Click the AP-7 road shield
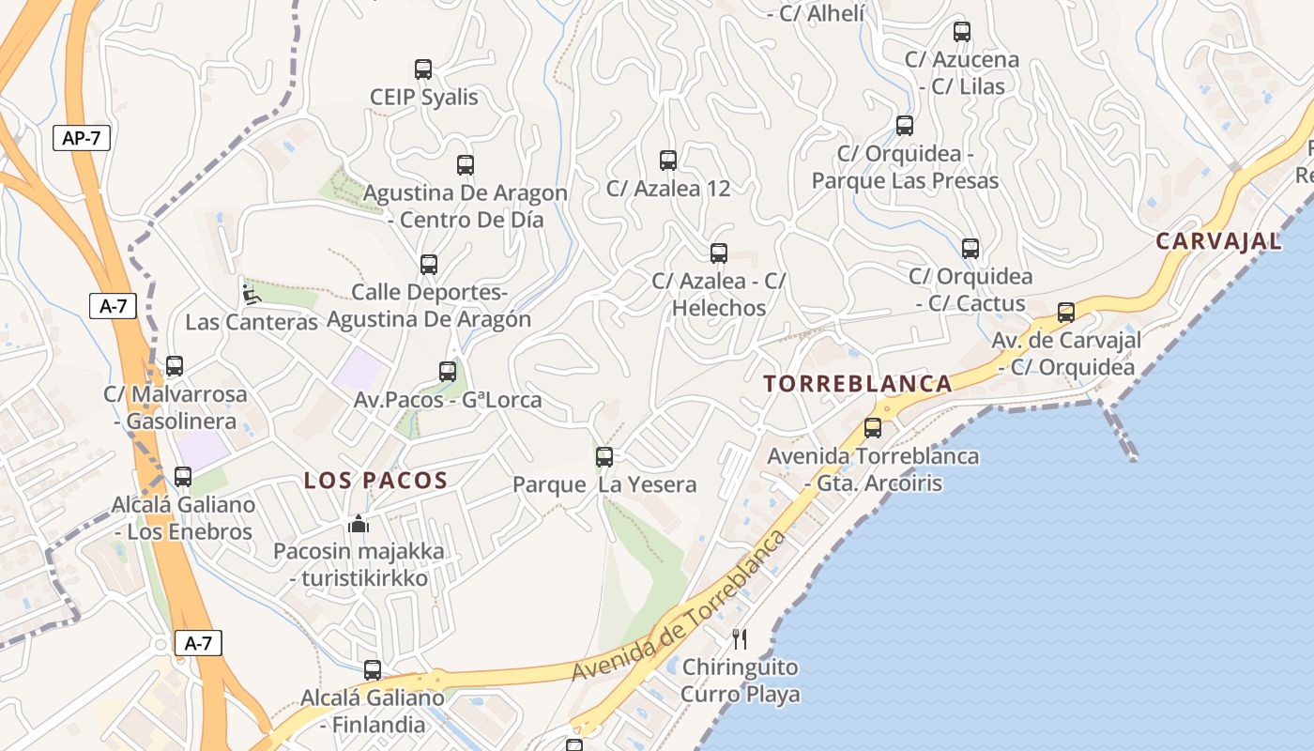pyautogui.click(x=82, y=138)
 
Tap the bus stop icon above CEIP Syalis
pyautogui.click(x=423, y=69)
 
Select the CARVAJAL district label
pyautogui.click(x=1218, y=241)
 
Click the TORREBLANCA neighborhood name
pyautogui.click(x=858, y=383)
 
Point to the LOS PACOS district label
pyautogui.click(x=375, y=481)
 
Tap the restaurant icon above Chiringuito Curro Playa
pyautogui.click(x=740, y=639)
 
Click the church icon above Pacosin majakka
pyautogui.click(x=359, y=524)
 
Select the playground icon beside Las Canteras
pyautogui.click(x=251, y=295)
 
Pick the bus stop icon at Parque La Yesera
pyautogui.click(x=604, y=457)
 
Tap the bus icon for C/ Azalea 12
pyautogui.click(x=668, y=161)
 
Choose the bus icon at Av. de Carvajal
pyautogui.click(x=1066, y=313)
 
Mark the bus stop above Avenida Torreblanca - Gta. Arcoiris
pyautogui.click(x=873, y=428)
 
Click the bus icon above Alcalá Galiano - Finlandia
pyautogui.click(x=373, y=670)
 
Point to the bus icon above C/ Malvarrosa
pyautogui.click(x=175, y=366)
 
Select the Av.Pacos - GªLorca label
pyautogui.click(x=448, y=399)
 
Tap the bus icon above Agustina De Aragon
pyautogui.click(x=466, y=165)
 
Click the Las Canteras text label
pyautogui.click(x=252, y=322)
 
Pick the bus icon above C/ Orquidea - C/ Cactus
pyautogui.click(x=970, y=249)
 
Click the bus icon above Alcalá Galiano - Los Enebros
pyautogui.click(x=183, y=477)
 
